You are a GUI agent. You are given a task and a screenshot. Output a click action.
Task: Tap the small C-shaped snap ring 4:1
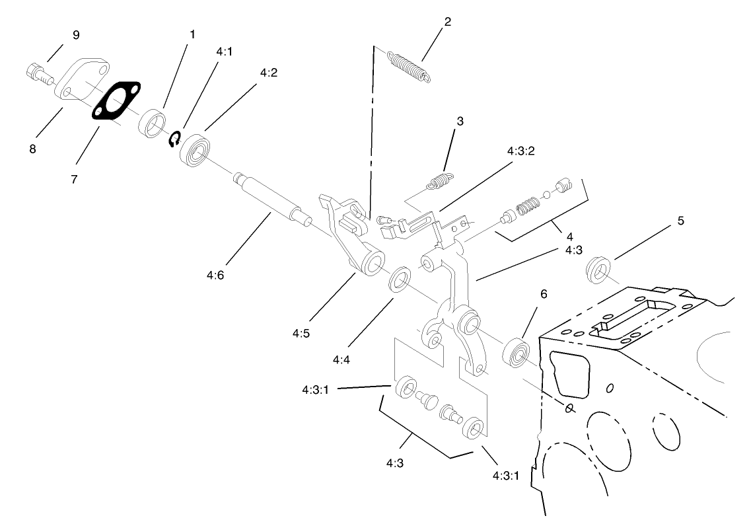point(175,139)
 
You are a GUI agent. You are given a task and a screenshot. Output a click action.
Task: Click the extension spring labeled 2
point(408,65)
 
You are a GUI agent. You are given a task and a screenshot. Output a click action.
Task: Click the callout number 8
point(32,149)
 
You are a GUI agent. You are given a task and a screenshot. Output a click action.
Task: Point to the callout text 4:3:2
point(520,151)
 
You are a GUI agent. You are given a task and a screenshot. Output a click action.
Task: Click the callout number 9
point(75,35)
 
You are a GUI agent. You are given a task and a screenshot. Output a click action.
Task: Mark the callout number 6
point(544,293)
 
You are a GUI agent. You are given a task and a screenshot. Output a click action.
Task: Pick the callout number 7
point(73,179)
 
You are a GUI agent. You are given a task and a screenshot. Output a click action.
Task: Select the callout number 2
point(447,22)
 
